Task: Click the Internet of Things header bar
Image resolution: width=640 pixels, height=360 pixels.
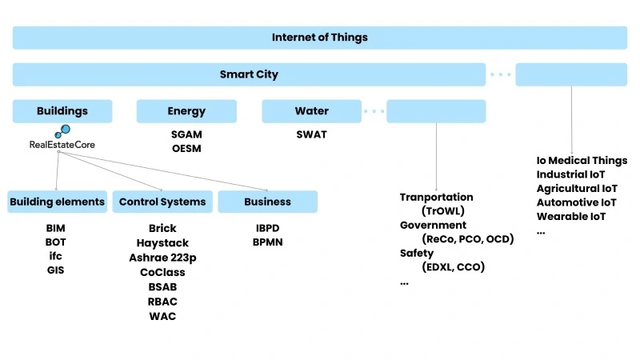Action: click(320, 38)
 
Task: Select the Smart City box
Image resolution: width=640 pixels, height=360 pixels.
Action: click(249, 74)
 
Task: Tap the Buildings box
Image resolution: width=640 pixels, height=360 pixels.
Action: click(62, 111)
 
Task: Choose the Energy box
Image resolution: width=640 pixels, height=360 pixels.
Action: click(186, 111)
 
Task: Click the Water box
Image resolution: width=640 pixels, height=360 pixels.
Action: click(311, 111)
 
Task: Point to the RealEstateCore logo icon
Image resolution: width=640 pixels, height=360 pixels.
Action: click(62, 133)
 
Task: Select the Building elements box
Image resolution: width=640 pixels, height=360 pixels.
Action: click(57, 202)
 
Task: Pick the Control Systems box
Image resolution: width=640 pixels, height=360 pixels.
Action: click(162, 202)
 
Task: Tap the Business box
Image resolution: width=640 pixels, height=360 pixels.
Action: click(267, 202)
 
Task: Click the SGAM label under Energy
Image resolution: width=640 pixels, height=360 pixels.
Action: click(186, 134)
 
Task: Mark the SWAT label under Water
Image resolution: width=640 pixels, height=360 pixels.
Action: click(311, 134)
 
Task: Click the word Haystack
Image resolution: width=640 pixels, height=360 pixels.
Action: click(162, 243)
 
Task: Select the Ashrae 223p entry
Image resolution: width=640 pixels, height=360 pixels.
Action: click(162, 258)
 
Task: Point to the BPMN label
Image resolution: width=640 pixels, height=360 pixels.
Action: click(267, 242)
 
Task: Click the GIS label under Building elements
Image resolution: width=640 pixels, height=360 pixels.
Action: click(56, 270)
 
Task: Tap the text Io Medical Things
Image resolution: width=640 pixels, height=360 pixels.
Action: click(582, 160)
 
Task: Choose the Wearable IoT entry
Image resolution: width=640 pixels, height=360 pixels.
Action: click(571, 216)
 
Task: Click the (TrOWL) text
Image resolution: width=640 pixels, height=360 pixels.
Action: click(442, 211)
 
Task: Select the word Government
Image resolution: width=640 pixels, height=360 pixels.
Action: click(433, 226)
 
